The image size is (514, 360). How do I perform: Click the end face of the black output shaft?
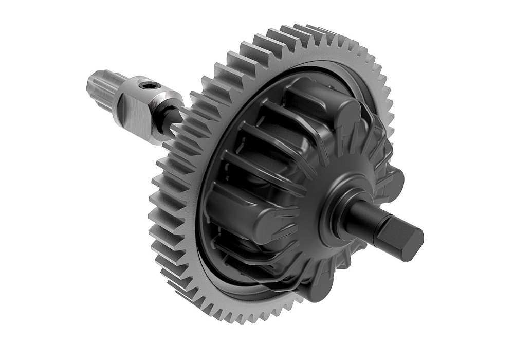[x=413, y=241]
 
